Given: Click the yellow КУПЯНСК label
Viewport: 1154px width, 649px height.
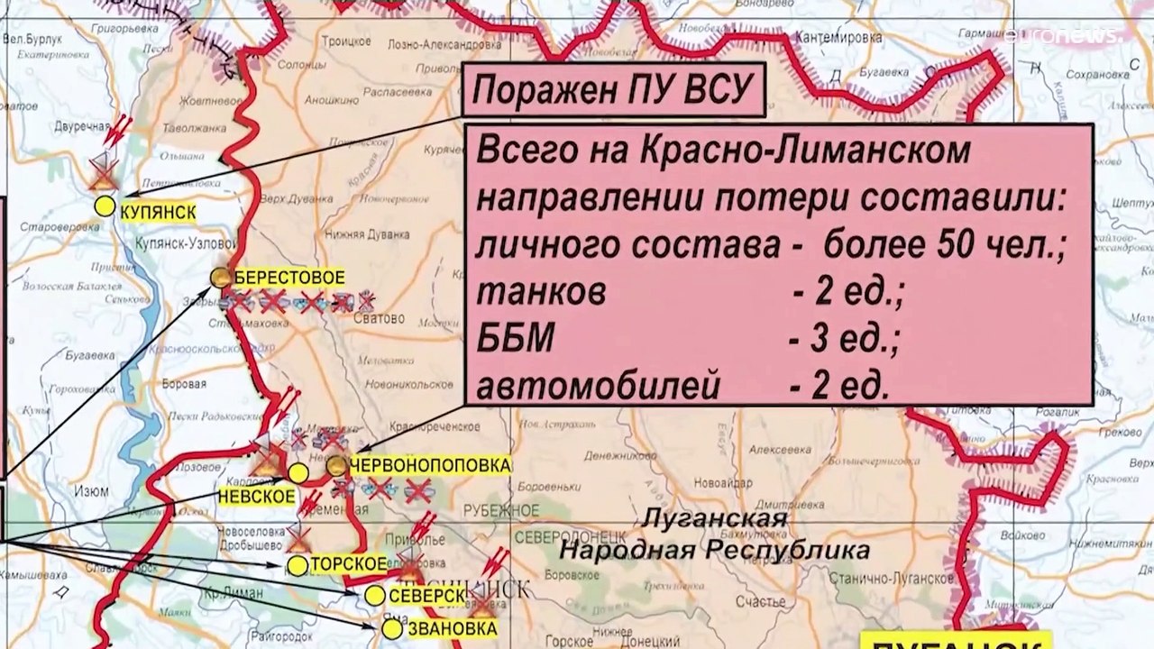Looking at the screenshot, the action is pos(158,210).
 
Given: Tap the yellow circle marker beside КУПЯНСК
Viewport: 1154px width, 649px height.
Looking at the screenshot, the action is pos(105,206).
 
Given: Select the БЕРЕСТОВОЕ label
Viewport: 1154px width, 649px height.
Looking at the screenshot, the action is pos(288,278).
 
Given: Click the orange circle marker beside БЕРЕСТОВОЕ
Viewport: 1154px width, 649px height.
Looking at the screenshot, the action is pos(221,278).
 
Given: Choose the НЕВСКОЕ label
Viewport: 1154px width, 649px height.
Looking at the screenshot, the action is pos(256,496).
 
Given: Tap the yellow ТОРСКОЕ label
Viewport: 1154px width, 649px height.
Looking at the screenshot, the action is pos(348,565).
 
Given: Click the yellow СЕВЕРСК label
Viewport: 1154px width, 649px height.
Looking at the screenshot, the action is pos(426,596).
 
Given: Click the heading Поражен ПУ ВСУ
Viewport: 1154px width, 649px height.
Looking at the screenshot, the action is pos(612,91).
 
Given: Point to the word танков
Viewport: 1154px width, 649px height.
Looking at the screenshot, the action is pos(541,292).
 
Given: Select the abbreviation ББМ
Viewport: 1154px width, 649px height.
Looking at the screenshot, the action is pos(515,340).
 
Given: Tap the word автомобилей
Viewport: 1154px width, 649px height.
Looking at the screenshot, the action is pos(598,388).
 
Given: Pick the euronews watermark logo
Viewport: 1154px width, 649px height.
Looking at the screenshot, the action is pos(1064,36).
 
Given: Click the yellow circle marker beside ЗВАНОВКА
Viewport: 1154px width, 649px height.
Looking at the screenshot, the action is pos(392,628).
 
